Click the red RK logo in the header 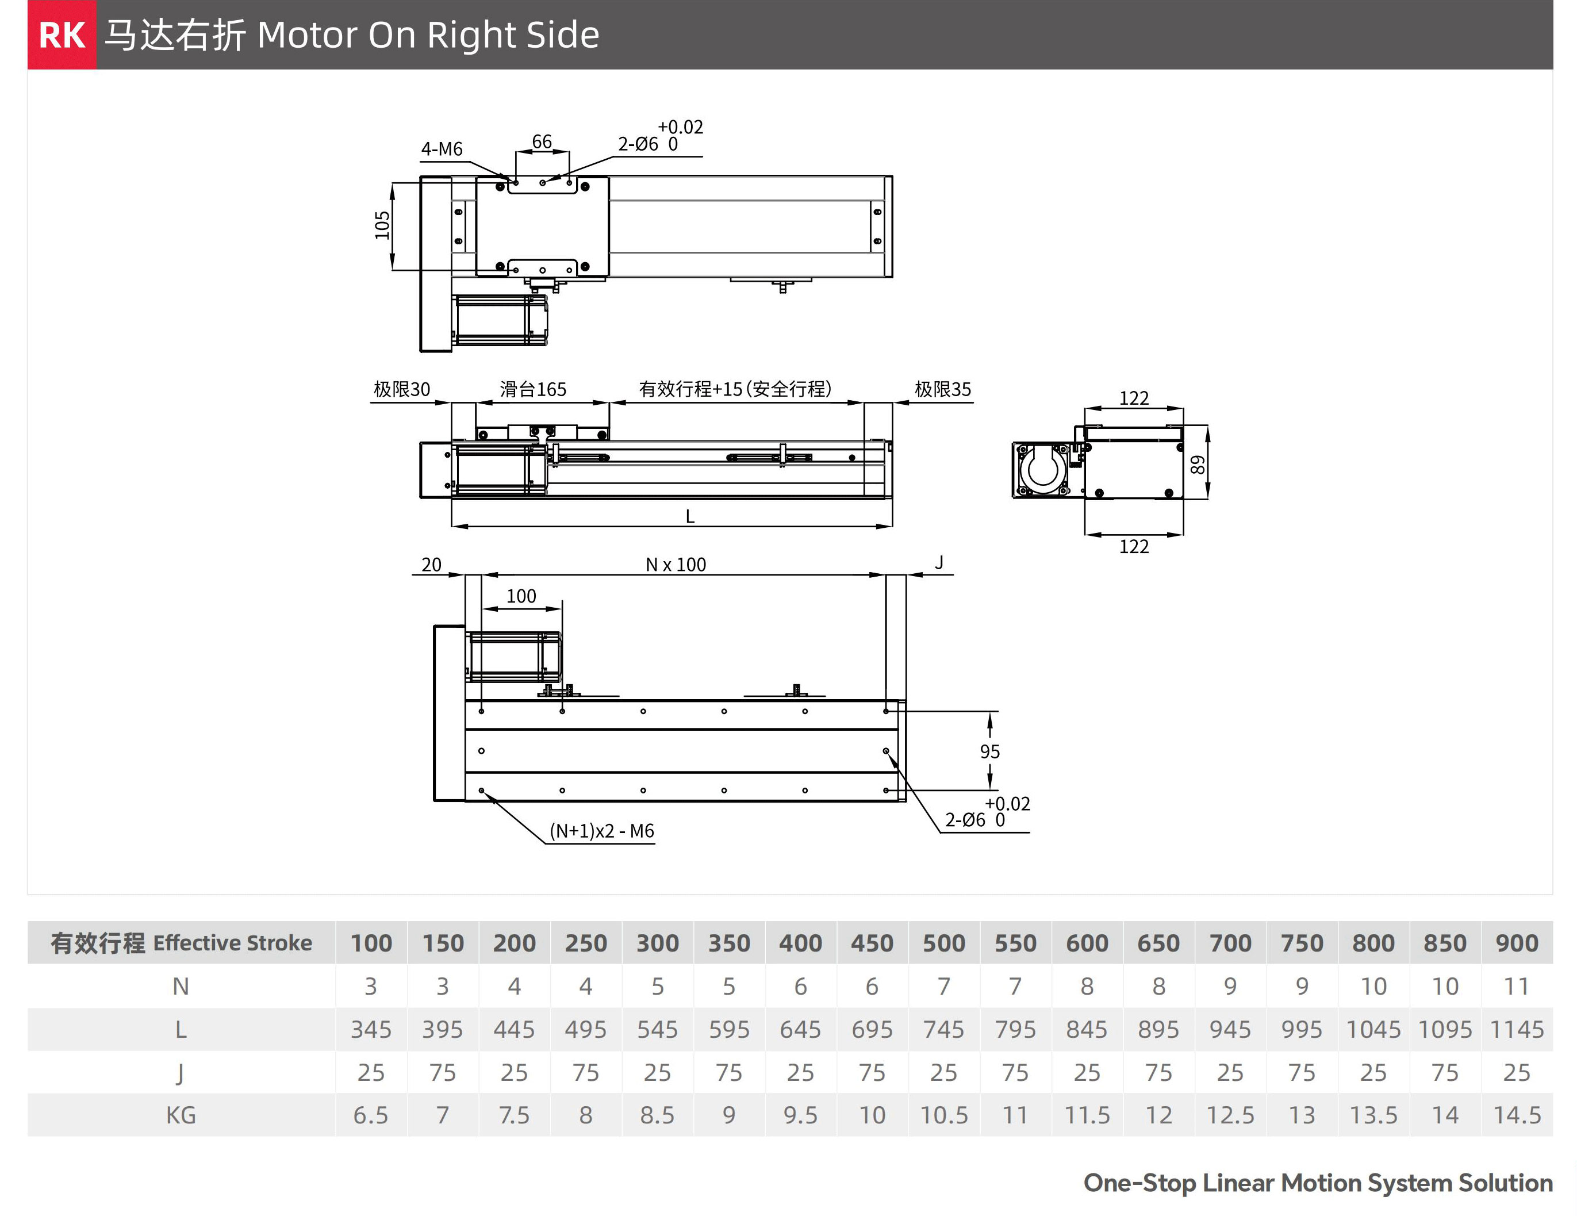(x=62, y=34)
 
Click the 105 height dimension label (x=382, y=225)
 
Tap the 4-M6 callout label (x=441, y=149)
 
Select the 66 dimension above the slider (x=542, y=141)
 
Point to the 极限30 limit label (x=401, y=390)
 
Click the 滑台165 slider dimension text (x=533, y=390)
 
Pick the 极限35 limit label (x=942, y=390)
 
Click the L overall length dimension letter (x=689, y=517)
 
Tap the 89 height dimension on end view (x=1197, y=465)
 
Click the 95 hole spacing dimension (x=989, y=751)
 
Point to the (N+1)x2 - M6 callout (x=601, y=831)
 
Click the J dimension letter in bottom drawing (x=939, y=562)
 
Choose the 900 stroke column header (x=1517, y=943)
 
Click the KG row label (x=181, y=1115)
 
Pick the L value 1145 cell (x=1517, y=1030)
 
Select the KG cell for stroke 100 (x=370, y=1115)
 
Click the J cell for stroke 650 (x=1158, y=1073)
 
